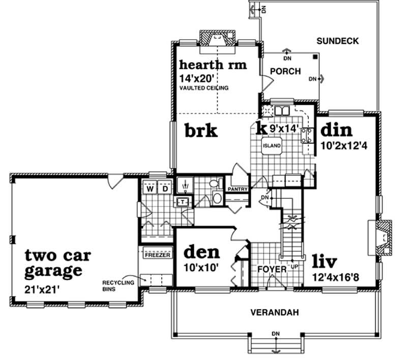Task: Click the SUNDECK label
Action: tap(338, 40)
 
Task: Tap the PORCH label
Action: tap(285, 71)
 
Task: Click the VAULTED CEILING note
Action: tap(203, 88)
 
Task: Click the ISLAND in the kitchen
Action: tap(272, 146)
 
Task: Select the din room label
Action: tap(336, 130)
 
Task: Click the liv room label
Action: tap(325, 261)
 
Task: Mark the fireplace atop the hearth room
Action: tap(217, 39)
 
